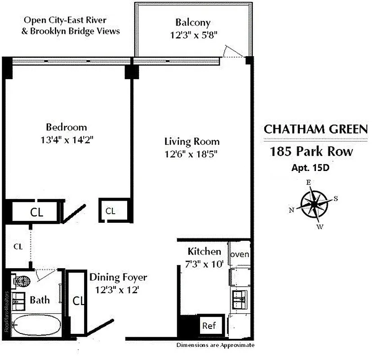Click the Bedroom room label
(x=66, y=127)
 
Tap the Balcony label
(x=193, y=22)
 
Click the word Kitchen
(x=204, y=252)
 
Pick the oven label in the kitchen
(x=240, y=255)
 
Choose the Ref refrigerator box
(x=208, y=325)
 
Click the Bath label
(x=40, y=300)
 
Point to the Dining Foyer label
(x=118, y=278)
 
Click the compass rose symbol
(x=314, y=203)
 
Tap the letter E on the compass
(x=308, y=183)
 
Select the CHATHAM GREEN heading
(x=315, y=130)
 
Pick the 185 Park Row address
(x=312, y=151)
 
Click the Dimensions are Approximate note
(x=215, y=345)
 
